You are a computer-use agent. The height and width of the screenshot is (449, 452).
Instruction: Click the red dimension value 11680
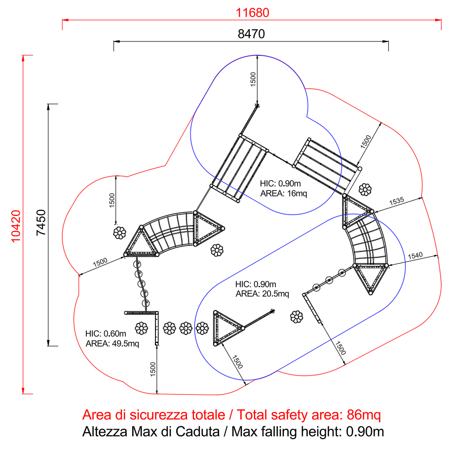pos(252,13)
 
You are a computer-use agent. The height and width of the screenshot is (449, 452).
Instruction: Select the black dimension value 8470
pos(251,34)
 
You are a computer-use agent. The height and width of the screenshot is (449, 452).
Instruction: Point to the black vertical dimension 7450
pos(41,222)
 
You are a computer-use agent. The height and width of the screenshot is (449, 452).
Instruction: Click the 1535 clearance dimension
pos(397,201)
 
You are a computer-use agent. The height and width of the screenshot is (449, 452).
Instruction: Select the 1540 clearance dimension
pos(415,256)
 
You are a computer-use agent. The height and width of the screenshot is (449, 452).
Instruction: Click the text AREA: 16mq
pos(284,193)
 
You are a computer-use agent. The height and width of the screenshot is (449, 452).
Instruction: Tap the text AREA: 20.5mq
pos(263,294)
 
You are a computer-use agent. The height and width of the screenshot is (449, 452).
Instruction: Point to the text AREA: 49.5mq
pos(113,343)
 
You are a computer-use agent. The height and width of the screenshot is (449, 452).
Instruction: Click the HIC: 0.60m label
pos(106,333)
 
